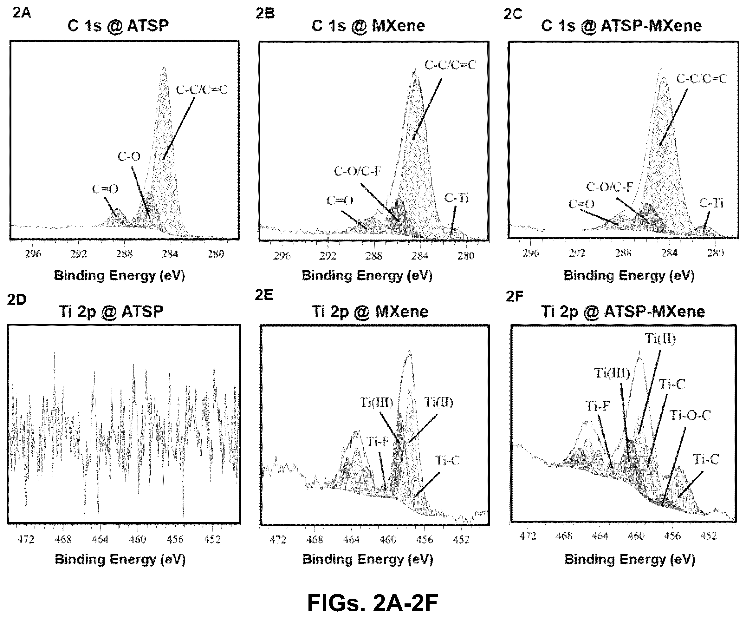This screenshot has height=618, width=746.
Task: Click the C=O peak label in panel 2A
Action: (x=105, y=189)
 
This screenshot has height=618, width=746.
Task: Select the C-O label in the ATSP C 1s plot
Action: (x=129, y=156)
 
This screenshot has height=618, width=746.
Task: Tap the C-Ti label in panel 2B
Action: (x=457, y=198)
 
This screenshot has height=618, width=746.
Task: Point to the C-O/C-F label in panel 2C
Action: (x=610, y=187)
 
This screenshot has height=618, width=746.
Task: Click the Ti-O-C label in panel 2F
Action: (x=690, y=415)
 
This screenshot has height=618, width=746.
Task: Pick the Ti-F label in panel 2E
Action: (x=378, y=441)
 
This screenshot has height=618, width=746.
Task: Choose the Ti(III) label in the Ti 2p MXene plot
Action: (x=377, y=402)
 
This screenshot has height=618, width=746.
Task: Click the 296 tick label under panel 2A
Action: (x=33, y=254)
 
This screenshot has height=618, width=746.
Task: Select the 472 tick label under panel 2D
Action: (x=26, y=539)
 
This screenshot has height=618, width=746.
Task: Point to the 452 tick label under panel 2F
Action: (x=708, y=536)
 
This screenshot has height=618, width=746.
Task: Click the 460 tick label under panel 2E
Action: (x=387, y=539)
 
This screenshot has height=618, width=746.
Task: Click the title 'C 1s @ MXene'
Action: (x=368, y=26)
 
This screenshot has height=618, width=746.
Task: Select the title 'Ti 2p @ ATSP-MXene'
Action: (x=623, y=312)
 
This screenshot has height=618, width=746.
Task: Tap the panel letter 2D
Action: (x=16, y=299)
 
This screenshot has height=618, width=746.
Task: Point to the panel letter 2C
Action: (x=513, y=14)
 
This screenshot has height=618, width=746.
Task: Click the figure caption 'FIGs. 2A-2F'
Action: (x=372, y=603)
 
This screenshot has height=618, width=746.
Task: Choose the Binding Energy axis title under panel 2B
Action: (x=367, y=276)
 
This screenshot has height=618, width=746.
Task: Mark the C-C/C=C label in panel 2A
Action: (x=201, y=89)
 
